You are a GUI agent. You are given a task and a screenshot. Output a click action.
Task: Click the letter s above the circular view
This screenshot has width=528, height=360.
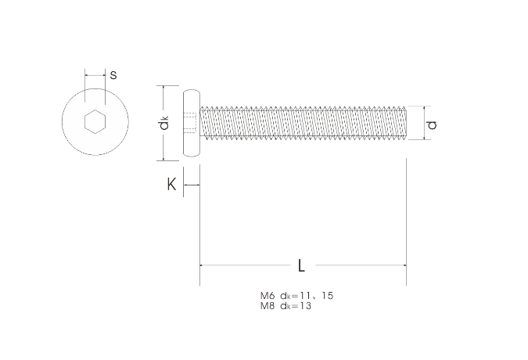point(113,76)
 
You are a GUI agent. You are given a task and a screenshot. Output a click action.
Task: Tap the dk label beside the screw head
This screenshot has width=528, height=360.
point(163,124)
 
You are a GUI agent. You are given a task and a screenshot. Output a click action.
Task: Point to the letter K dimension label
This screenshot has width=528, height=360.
point(171,185)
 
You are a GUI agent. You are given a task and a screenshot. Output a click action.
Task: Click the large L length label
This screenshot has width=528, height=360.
point(302,265)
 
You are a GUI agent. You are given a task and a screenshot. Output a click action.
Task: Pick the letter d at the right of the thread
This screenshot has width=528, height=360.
point(431,123)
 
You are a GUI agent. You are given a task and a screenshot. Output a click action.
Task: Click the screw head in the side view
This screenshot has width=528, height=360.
point(190,123)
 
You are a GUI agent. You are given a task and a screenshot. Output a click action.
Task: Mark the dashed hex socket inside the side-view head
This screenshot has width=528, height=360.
point(192,123)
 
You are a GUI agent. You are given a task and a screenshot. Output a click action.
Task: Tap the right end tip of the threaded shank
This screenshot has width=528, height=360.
point(405,123)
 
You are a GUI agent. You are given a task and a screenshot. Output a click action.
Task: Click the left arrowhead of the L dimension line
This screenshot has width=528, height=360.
point(203,265)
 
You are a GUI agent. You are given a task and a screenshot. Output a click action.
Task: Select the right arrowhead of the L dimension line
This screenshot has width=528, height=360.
point(404,265)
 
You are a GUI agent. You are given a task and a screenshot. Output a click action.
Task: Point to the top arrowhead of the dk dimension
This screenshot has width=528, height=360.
point(163,88)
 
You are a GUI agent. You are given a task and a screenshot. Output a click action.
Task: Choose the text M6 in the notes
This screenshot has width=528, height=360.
point(268,296)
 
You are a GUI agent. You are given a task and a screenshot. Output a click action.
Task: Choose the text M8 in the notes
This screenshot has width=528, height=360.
point(268,305)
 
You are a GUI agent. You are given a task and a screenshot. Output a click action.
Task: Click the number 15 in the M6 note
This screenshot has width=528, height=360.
point(327,296)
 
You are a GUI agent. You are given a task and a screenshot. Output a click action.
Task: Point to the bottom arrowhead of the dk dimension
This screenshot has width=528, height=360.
point(163,158)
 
